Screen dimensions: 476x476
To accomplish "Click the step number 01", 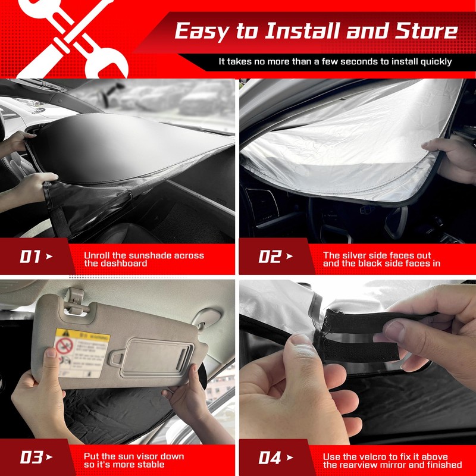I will click(30, 257).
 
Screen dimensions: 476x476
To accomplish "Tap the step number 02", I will click(269, 257).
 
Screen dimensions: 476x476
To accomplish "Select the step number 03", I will click(30, 458).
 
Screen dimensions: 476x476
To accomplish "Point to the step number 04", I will click(270, 458).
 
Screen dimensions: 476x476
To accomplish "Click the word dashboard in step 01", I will click(115, 263).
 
